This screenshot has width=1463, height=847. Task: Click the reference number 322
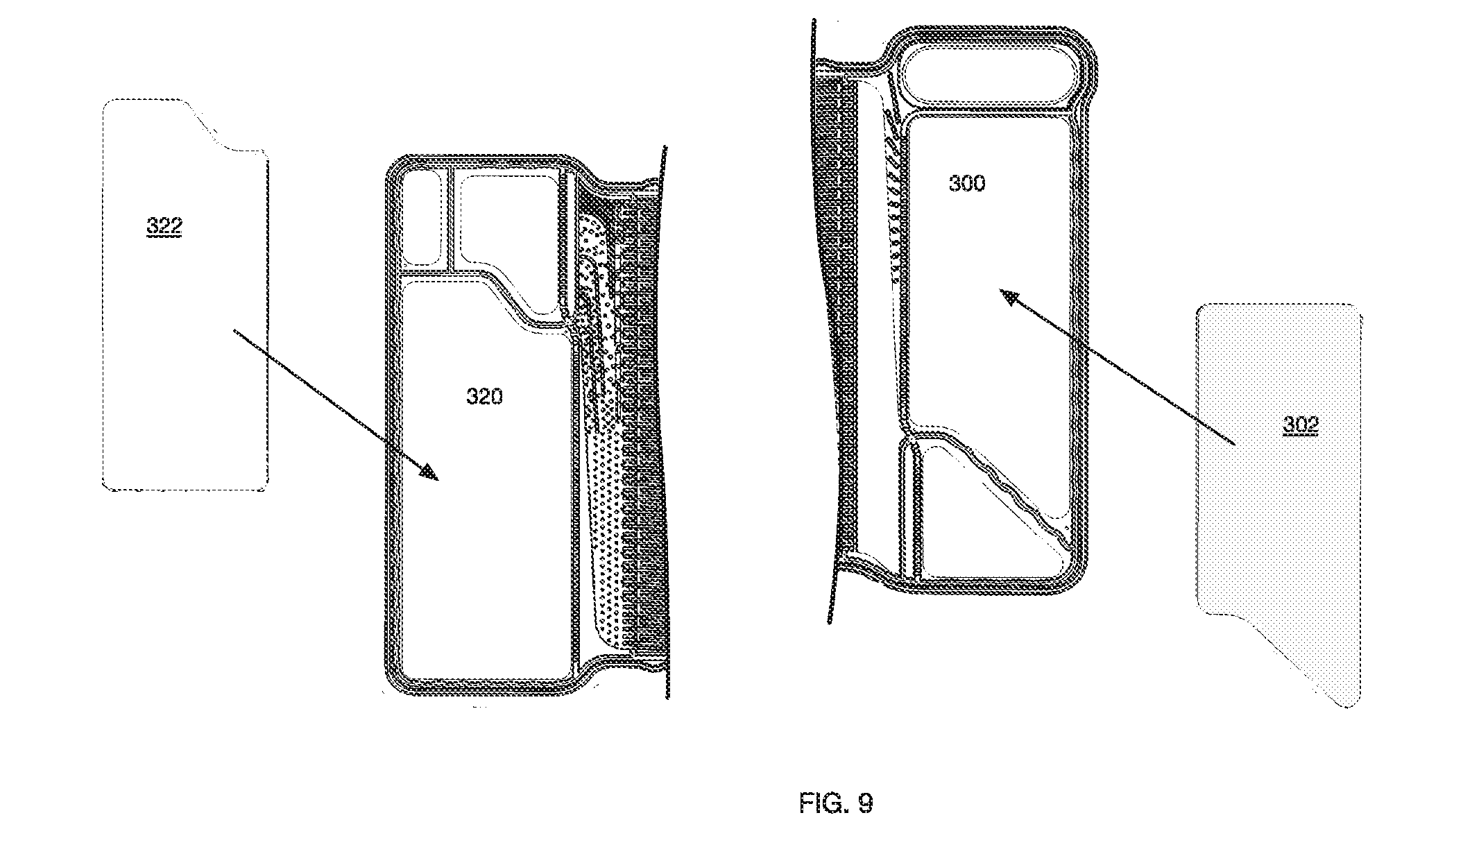pyautogui.click(x=164, y=226)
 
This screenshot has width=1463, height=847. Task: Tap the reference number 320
pyautogui.click(x=484, y=397)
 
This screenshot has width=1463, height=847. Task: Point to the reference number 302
pyautogui.click(x=1300, y=425)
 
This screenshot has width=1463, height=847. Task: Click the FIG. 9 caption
pyautogui.click(x=836, y=803)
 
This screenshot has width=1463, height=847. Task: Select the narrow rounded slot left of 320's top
pyautogui.click(x=422, y=219)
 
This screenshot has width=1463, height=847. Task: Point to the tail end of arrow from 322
pyautogui.click(x=234, y=332)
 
